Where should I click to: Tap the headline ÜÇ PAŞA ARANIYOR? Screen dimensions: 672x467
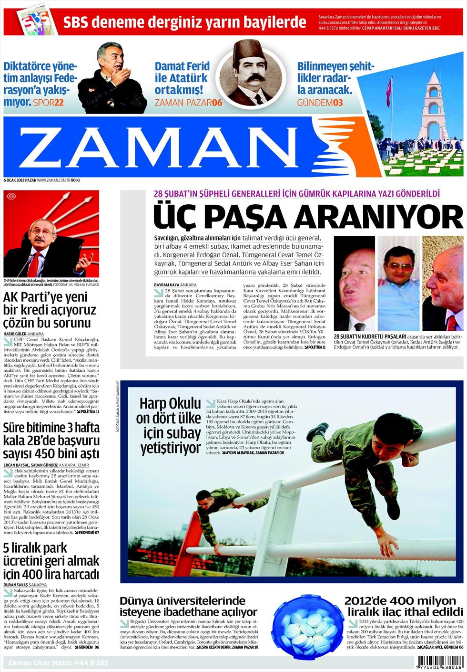coord(307,217)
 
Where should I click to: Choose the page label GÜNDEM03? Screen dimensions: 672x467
coord(320,103)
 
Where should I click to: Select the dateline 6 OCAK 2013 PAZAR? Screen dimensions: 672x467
coord(20,180)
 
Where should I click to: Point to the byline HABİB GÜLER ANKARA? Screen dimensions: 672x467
coord(23,334)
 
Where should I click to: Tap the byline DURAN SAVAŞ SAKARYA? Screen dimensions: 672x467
coord(25,585)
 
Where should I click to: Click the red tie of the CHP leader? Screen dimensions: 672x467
coord(34,264)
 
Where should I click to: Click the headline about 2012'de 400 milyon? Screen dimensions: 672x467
coord(403,606)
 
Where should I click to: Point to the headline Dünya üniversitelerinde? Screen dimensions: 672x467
coord(188,606)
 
